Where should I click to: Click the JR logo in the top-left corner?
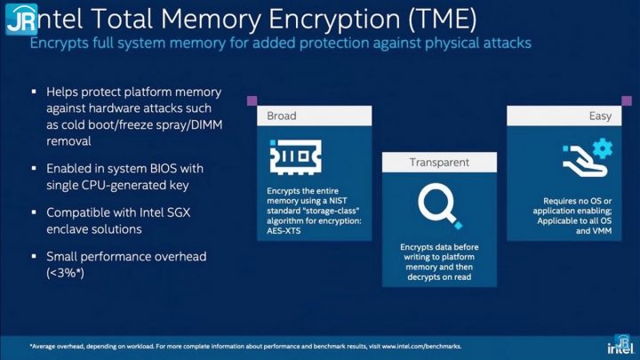[21, 19]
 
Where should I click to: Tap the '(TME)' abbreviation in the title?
[442, 19]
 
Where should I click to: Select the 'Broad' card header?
[315, 116]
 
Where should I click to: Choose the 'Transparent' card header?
[440, 162]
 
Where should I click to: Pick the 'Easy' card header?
[564, 116]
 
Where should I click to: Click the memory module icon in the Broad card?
[296, 157]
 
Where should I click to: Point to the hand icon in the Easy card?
[585, 161]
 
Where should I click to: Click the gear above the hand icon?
[603, 148]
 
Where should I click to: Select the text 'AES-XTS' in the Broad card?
[284, 230]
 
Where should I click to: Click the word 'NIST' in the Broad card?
[338, 200]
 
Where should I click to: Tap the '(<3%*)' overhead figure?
[65, 273]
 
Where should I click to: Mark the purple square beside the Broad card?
[252, 100]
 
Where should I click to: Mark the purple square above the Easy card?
[627, 100]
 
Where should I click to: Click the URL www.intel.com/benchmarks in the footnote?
[421, 346]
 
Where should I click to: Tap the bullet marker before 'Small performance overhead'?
[34, 256]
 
